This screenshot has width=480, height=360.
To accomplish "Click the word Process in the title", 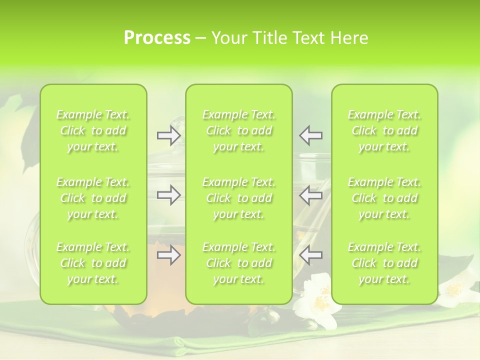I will tap(157, 38).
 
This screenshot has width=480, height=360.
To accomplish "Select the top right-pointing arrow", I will tap(169, 135).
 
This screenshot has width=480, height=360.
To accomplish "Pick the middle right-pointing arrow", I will tap(169, 195).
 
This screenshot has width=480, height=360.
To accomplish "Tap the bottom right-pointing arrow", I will tap(169, 255).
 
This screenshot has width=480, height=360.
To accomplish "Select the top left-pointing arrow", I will tap(311, 135).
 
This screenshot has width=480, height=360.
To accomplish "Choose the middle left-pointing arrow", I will tap(311, 195).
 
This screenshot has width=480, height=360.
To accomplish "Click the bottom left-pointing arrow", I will tap(311, 255).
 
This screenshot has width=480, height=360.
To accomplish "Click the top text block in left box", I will tap(93, 131).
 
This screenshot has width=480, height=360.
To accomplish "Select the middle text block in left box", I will tap(93, 198).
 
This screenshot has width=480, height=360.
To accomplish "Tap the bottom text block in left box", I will tap(93, 263).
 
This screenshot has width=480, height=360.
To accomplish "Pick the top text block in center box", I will tap(239, 131).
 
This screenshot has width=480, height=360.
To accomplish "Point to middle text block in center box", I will tap(239, 198).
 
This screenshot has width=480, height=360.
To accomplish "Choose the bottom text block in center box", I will tap(239, 263).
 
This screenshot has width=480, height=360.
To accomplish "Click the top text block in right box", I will tap(384, 131).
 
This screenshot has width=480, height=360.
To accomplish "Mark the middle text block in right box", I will tap(384, 198).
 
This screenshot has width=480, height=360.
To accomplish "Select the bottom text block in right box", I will tap(384, 263).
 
